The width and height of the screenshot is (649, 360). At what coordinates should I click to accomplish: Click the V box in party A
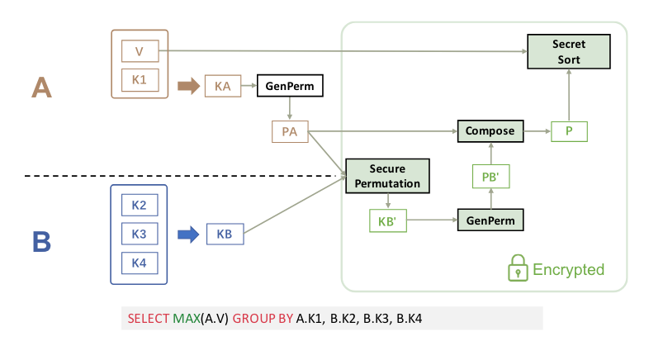pos(140,52)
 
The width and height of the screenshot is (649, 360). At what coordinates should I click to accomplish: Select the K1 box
pos(140,81)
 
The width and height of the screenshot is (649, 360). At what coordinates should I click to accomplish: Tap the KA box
pos(222,85)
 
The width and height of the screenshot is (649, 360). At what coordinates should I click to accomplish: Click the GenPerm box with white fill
pos(290,85)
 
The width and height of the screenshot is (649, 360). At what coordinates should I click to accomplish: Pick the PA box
pos(290,130)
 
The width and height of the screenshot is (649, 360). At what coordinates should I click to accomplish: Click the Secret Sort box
pos(568,52)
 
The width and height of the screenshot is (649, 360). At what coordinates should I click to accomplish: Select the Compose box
pos(490,130)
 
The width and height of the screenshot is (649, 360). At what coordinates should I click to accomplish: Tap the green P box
pos(569,130)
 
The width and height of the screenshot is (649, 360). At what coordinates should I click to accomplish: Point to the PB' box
pos(490,175)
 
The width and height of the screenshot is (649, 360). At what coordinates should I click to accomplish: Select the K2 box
pos(139,204)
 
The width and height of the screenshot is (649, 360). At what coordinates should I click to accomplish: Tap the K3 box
pos(139,234)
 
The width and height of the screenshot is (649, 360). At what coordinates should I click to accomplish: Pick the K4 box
pos(139,263)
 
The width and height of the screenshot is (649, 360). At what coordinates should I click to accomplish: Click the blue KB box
pos(225,234)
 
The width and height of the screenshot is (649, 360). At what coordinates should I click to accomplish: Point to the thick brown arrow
pos(188,85)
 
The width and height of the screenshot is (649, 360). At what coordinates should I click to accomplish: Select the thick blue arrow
pos(189,234)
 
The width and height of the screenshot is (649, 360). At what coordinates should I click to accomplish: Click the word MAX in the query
pos(186,318)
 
